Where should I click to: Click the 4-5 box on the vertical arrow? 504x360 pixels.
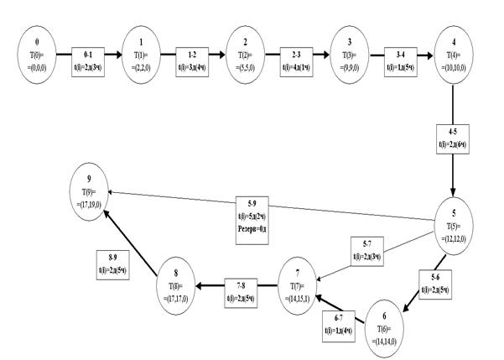point(454,138)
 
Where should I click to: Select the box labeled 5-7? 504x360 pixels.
point(366,249)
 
